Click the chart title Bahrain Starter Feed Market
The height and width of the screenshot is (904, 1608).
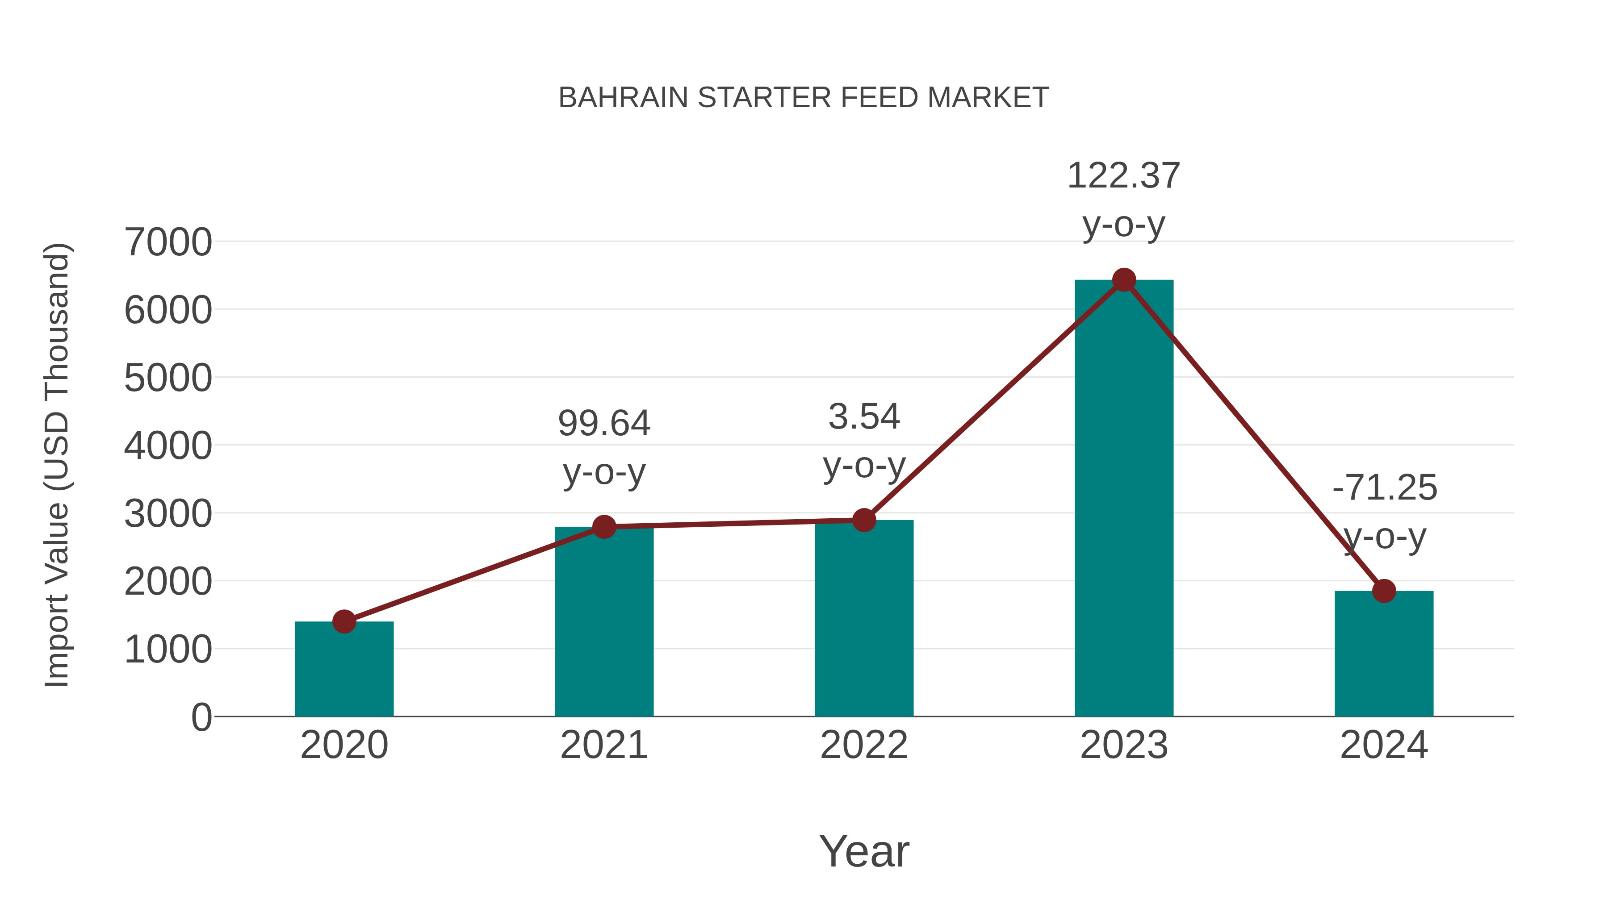(804, 98)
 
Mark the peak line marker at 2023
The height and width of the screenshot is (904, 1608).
(1124, 280)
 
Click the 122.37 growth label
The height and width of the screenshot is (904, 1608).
(1124, 176)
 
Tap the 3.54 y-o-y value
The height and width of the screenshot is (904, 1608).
(864, 417)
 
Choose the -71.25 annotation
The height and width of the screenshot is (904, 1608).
(1384, 488)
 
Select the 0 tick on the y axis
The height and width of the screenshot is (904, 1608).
(201, 717)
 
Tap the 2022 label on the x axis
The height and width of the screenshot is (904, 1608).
(864, 745)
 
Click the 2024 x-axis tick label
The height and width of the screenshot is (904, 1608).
(1384, 745)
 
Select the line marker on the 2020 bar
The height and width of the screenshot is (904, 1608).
(344, 621)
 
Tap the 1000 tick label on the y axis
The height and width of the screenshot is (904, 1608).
(168, 650)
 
